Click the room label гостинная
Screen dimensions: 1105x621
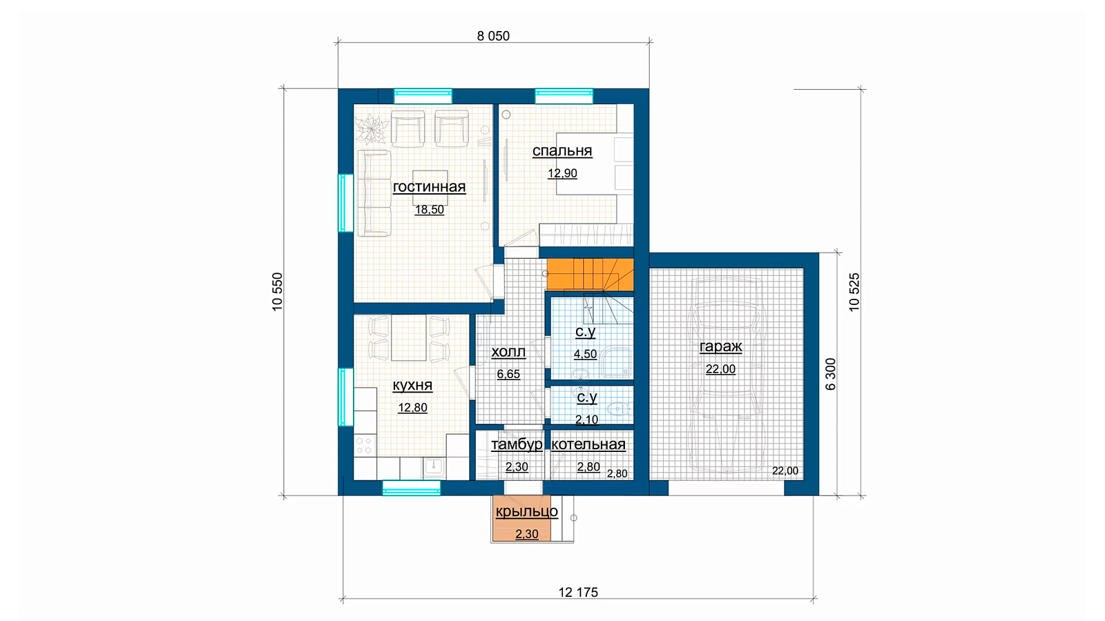coord(429,187)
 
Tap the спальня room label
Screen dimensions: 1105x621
coord(562,151)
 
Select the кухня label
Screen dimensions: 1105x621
coord(412,386)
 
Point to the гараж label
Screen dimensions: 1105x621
coord(721,347)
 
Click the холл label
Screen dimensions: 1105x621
coord(508,352)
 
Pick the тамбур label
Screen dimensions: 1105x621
coord(517,444)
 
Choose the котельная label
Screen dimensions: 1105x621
coord(588,444)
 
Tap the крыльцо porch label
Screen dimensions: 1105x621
coord(527,511)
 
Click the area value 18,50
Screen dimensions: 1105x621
coord(429,210)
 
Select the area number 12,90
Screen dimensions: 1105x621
coord(562,173)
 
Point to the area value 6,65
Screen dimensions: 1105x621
coord(508,375)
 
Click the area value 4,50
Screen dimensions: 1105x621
coord(586,355)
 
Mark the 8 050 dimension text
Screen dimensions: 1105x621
coord(493,36)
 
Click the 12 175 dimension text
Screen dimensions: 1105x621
coord(578,593)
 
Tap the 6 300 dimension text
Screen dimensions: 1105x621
coord(831,375)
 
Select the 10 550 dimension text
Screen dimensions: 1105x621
coord(277,292)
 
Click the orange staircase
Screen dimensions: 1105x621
coord(590,275)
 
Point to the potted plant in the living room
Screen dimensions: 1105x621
coord(372,128)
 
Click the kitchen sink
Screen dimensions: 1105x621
coord(434,466)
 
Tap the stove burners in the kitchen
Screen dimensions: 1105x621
coord(365,446)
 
